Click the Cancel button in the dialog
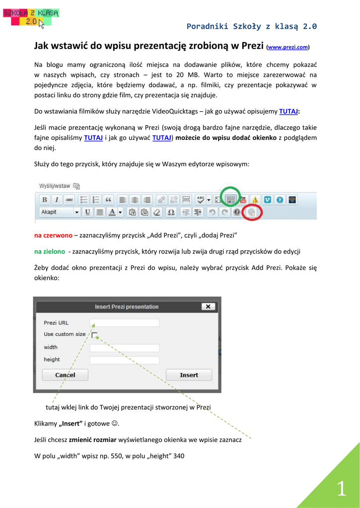click(x=65, y=375)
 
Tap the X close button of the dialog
click(x=208, y=307)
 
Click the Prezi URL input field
click(x=125, y=323)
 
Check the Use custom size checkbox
click(x=94, y=335)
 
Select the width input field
click(x=125, y=348)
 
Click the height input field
click(x=125, y=360)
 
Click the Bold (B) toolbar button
click(x=45, y=200)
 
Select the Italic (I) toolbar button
click(x=57, y=200)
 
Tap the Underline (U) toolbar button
click(x=88, y=212)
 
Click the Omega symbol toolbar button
click(x=171, y=212)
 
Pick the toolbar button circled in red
click(x=252, y=212)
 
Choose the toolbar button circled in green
click(x=230, y=199)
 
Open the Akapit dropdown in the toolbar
click(x=60, y=212)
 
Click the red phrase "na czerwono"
click(x=53, y=235)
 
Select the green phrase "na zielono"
click(x=51, y=251)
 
